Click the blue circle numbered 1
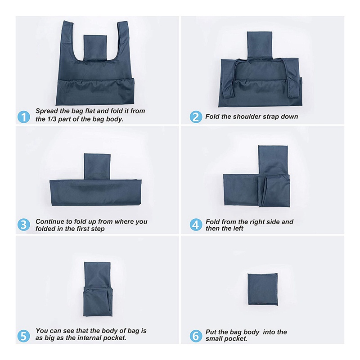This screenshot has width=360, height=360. pyautogui.click(x=25, y=117)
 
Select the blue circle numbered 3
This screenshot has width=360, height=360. pyautogui.click(x=25, y=225)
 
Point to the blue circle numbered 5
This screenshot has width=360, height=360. pyautogui.click(x=25, y=335)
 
